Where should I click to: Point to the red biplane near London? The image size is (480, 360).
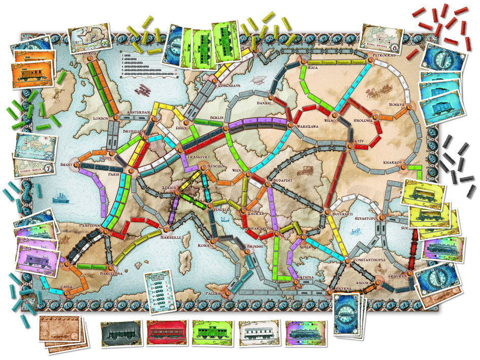click(x=145, y=91)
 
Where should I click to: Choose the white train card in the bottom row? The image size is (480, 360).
click(x=259, y=334)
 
